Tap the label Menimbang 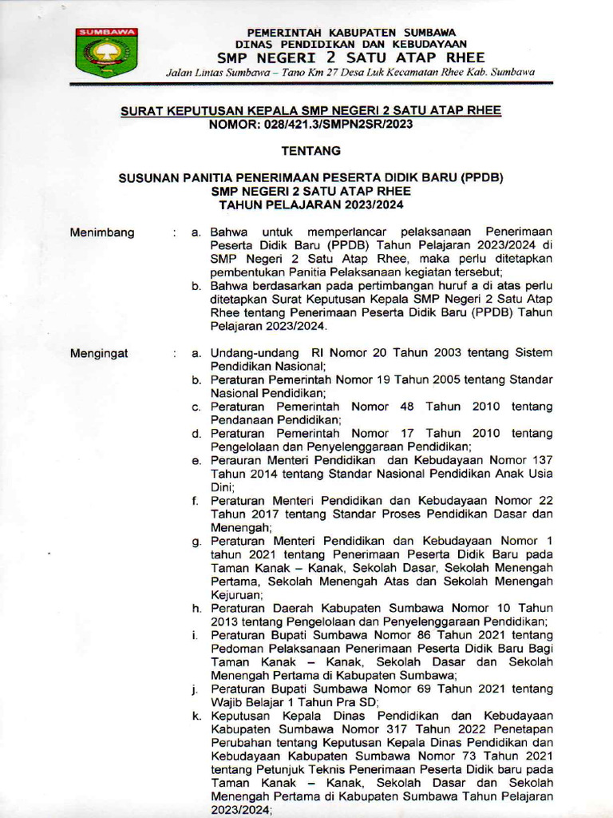(x=103, y=232)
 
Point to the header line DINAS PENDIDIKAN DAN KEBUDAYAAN (x=350, y=43)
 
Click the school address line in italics (x=350, y=73)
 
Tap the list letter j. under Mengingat (x=196, y=689)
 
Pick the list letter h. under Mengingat (x=196, y=608)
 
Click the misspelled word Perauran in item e (x=236, y=460)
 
